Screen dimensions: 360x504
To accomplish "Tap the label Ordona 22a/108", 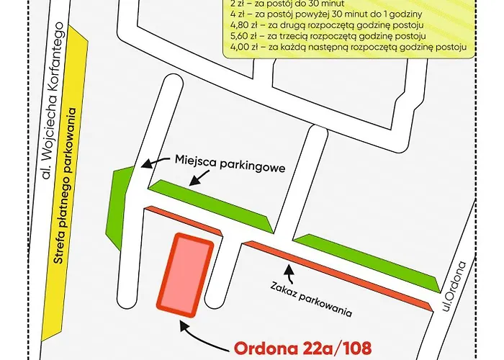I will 303,348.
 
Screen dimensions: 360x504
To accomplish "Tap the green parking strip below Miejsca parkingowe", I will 209,205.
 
